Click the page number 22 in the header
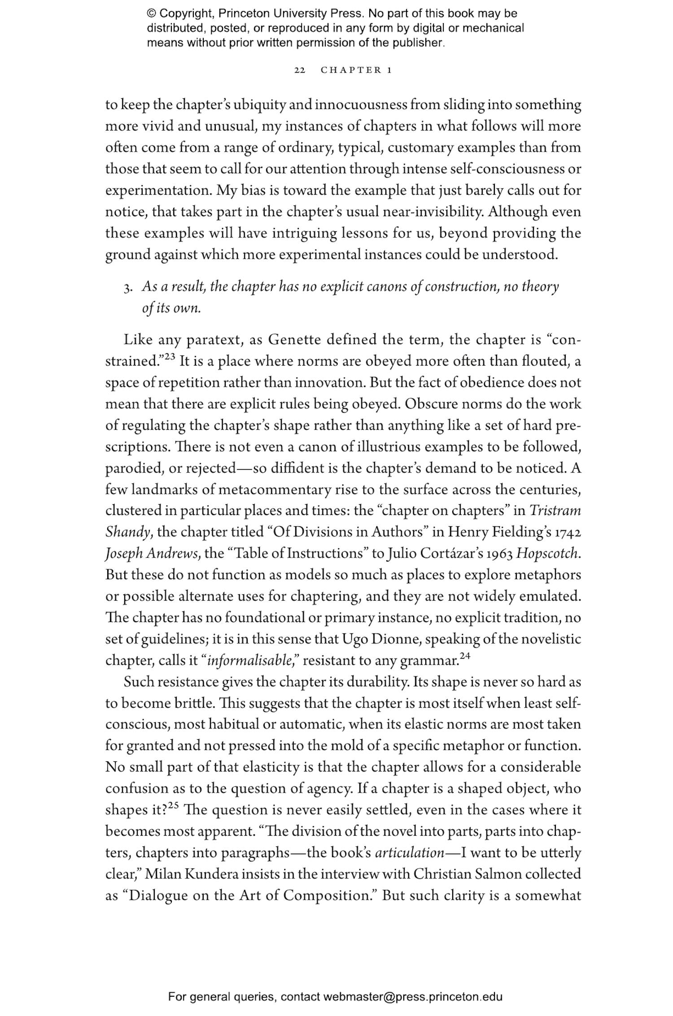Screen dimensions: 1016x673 pyautogui.click(x=300, y=70)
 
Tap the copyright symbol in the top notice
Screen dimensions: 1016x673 pyautogui.click(x=151, y=13)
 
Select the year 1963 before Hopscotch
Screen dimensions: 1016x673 pyautogui.click(x=499, y=554)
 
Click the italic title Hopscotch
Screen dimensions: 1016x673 pyautogui.click(x=547, y=554)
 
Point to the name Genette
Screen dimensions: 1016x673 pyautogui.click(x=294, y=340)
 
